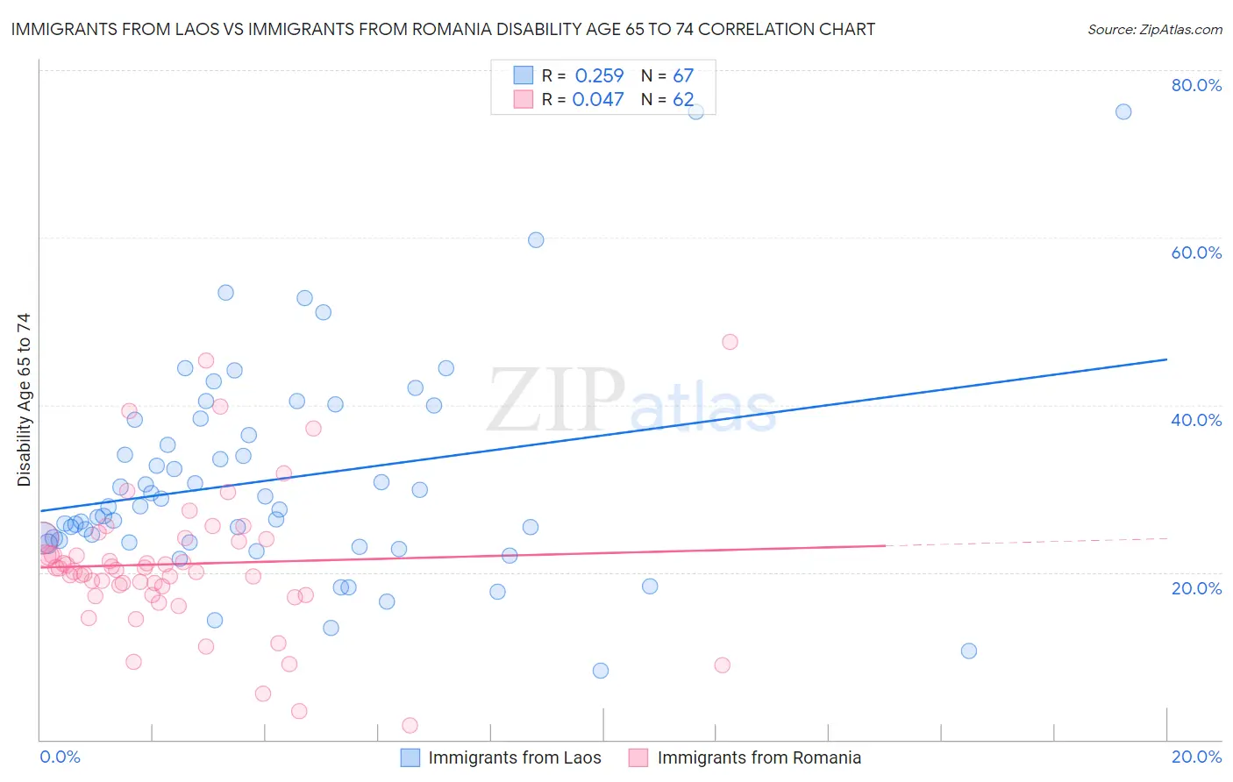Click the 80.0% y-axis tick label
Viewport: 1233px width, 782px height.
[1196, 85]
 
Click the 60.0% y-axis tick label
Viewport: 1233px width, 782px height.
[1196, 252]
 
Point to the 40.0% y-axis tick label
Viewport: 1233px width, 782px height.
[1196, 420]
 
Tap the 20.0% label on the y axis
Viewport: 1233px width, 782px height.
[1196, 588]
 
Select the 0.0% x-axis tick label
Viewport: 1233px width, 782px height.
[60, 757]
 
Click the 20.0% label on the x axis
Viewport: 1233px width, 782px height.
[1196, 757]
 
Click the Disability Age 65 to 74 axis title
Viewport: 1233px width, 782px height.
[24, 399]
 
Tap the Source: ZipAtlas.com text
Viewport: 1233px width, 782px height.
[1154, 29]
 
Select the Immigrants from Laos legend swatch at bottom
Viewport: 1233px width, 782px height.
[410, 757]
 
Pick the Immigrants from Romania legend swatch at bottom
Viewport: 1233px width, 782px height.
[638, 757]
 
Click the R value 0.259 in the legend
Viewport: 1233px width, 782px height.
[599, 76]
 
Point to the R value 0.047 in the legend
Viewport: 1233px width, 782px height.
[598, 99]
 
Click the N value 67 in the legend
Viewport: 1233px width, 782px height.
[683, 76]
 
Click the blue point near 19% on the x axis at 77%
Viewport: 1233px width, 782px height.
[1123, 111]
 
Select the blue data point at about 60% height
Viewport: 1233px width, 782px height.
[536, 240]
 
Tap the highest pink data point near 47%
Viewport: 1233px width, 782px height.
[730, 342]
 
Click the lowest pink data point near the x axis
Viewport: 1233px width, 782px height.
[410, 725]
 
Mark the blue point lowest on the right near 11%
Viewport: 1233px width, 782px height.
[969, 650]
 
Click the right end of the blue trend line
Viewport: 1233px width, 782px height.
[1166, 359]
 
